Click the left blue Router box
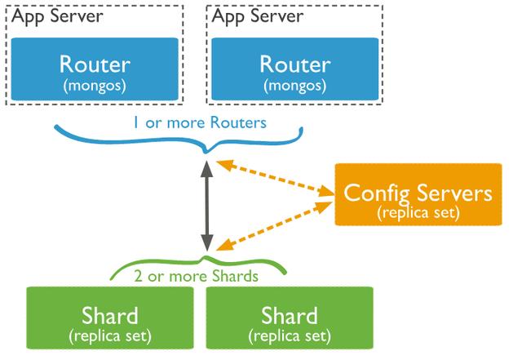point(95,69)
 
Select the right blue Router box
point(295,69)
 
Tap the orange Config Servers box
point(418,194)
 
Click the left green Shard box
point(110,318)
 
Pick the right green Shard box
point(290,318)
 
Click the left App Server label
point(57,16)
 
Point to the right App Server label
point(258,16)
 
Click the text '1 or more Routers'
point(200,123)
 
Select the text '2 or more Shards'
point(196,277)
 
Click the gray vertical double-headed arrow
point(207,206)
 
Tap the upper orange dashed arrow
point(275,179)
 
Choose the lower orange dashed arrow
point(275,225)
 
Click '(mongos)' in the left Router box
point(95,86)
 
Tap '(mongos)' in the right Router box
point(295,86)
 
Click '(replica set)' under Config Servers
point(418,212)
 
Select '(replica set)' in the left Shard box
point(110,336)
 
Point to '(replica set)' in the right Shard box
point(290,336)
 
